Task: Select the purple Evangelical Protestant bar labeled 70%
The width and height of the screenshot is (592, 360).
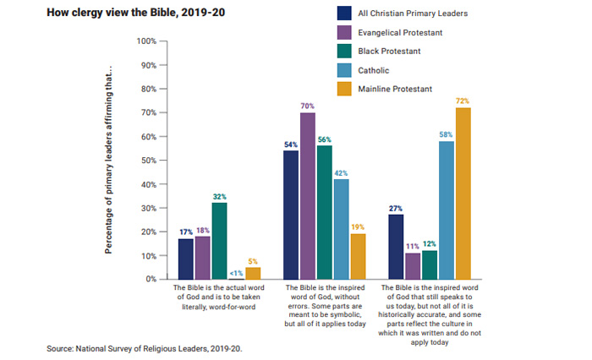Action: click(x=307, y=196)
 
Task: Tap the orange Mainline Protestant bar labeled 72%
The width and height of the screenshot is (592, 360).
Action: click(x=463, y=194)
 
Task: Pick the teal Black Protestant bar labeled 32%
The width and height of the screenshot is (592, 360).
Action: click(x=219, y=241)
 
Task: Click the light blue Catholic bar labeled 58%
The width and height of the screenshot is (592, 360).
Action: click(x=447, y=210)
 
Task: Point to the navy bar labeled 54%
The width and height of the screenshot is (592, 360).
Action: click(x=290, y=215)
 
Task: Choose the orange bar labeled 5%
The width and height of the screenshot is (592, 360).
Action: click(x=253, y=273)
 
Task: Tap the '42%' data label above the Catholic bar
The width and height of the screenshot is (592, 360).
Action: click(x=341, y=172)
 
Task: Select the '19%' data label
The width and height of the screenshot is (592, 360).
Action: click(x=358, y=227)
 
